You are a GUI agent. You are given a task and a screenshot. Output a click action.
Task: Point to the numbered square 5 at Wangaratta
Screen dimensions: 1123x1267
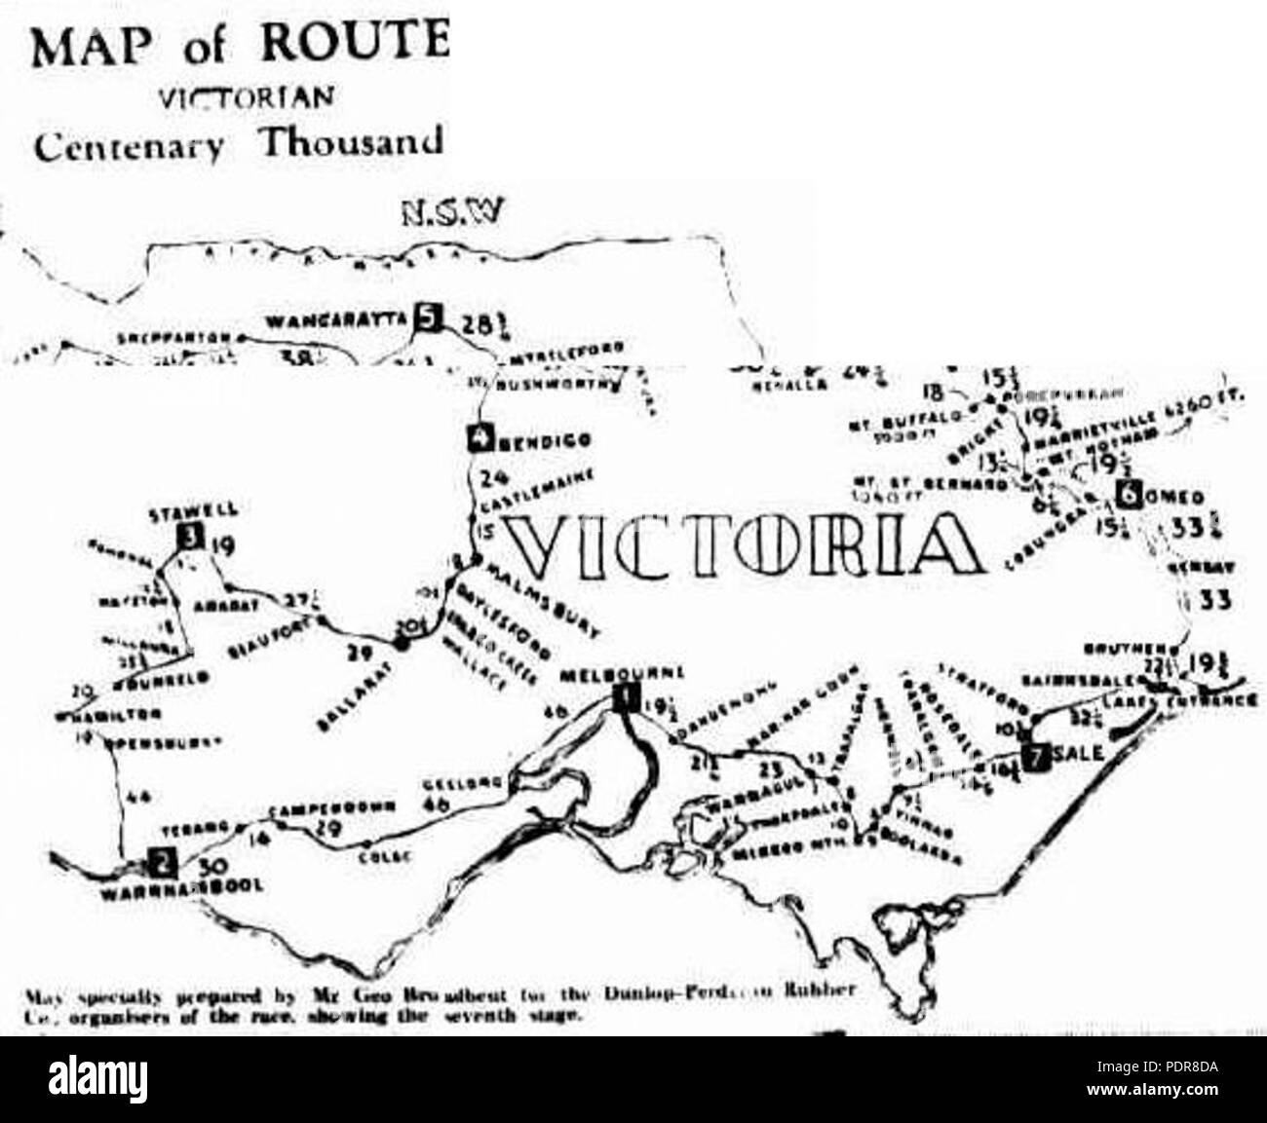click(428, 316)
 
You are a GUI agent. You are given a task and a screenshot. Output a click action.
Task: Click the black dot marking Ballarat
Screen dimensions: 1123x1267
click(400, 641)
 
